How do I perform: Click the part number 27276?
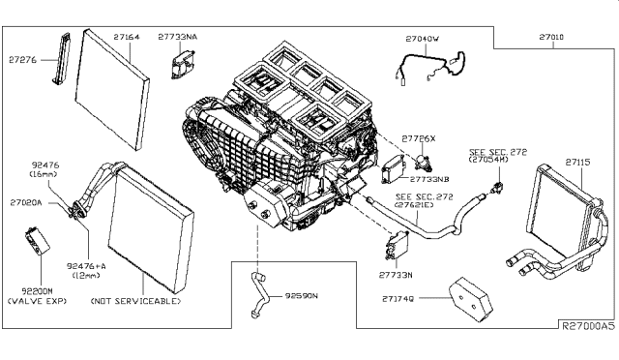[x=22, y=60]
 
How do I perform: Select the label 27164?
[x=127, y=37]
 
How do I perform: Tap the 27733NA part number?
[x=178, y=37]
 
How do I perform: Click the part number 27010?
[x=551, y=37]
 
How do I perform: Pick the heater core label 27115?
[x=578, y=162]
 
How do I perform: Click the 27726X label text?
[x=419, y=138]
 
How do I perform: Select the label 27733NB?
[x=429, y=179]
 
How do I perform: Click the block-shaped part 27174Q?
[x=471, y=299]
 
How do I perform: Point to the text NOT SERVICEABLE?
[x=135, y=301]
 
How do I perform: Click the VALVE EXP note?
[x=37, y=301]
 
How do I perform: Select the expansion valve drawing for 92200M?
[x=37, y=241]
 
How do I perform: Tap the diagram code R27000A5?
[x=588, y=326]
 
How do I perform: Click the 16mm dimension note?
[x=43, y=174]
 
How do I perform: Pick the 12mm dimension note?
[x=86, y=275]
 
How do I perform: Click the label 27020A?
[x=26, y=202]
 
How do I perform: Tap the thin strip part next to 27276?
[x=62, y=59]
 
